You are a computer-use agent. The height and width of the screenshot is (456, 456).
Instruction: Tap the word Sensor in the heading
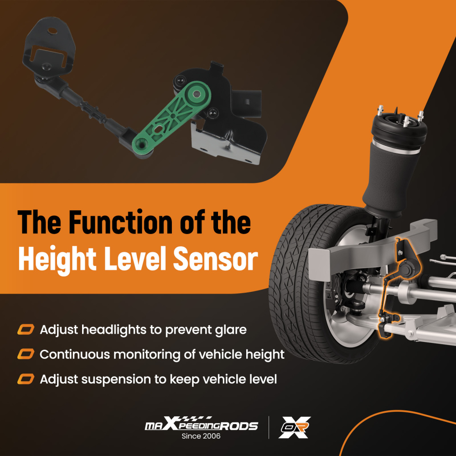216,259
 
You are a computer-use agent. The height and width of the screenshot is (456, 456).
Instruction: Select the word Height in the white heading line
57,260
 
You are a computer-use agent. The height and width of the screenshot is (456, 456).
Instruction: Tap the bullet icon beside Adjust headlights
26,330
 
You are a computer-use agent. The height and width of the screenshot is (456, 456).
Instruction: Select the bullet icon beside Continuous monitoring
26,354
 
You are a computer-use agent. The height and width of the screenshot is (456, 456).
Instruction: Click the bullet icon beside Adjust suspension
26,379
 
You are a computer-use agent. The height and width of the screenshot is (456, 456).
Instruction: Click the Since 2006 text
201,436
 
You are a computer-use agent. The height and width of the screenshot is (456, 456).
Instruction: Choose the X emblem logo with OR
294,427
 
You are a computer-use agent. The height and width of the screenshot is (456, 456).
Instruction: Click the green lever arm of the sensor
172,119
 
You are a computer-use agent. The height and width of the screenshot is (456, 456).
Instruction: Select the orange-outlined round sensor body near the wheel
406,269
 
